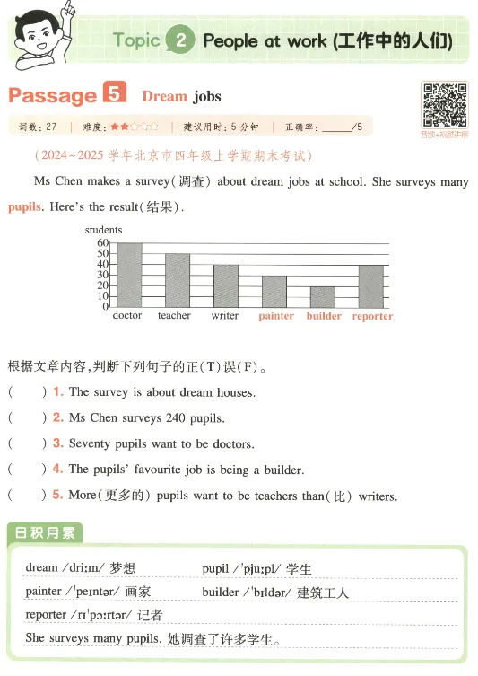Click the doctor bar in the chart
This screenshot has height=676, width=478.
click(x=129, y=275)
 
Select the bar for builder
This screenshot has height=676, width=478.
click(x=323, y=297)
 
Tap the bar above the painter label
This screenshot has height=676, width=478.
click(x=274, y=292)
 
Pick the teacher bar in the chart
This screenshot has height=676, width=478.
click(x=178, y=280)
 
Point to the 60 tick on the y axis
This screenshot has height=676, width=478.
click(x=102, y=243)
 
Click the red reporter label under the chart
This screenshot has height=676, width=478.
click(x=372, y=316)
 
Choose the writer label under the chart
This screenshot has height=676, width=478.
click(x=225, y=316)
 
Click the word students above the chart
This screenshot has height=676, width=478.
click(x=104, y=231)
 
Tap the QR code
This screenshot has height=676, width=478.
click(x=445, y=106)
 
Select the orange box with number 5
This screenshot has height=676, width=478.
click(x=115, y=93)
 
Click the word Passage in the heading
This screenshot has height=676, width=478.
click(x=52, y=95)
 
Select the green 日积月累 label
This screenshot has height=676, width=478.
click(x=45, y=533)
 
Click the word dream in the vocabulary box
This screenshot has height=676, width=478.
click(x=41, y=568)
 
